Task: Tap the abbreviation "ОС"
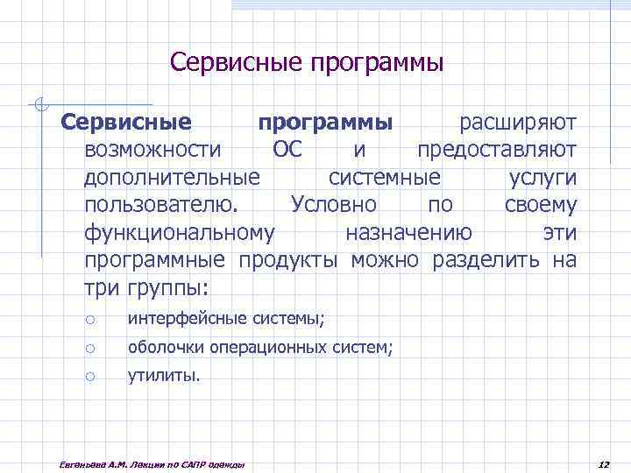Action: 287,149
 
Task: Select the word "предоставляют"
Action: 497,149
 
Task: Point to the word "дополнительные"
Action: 172,177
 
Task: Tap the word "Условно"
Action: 333,205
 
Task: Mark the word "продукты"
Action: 288,260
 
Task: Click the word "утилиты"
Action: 163,377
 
